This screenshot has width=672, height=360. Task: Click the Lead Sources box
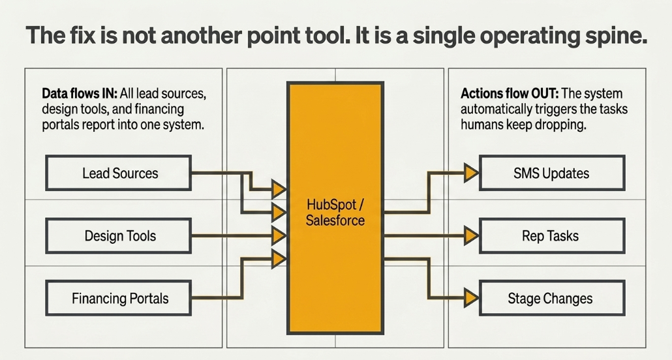(118, 173)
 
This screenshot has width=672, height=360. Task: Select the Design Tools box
(118, 235)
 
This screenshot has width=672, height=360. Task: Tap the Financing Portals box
(118, 298)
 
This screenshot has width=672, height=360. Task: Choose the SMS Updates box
(552, 173)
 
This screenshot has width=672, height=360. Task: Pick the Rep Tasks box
(552, 235)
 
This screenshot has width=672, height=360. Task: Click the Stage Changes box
(552, 298)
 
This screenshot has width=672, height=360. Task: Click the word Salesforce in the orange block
(335, 220)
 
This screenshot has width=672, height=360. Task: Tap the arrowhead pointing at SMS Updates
(472, 173)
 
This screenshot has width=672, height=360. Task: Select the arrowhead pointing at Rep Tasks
(472, 235)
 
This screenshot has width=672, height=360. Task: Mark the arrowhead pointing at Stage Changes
(472, 298)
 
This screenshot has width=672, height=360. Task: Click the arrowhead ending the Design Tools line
(279, 235)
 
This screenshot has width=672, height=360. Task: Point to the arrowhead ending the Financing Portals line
(279, 259)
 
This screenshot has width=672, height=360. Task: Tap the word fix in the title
(82, 35)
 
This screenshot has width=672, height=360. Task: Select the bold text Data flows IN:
(80, 93)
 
